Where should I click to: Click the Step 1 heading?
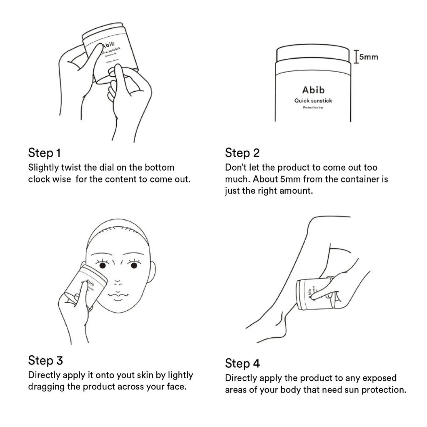click(44, 153)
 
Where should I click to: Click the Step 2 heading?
click(242, 153)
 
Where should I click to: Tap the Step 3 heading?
click(45, 360)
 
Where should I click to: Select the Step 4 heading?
click(242, 363)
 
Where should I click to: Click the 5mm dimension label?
click(369, 57)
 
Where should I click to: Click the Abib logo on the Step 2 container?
click(313, 90)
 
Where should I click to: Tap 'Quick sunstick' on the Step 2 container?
click(313, 100)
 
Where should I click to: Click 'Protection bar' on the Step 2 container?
click(313, 108)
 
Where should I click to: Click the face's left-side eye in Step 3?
click(103, 265)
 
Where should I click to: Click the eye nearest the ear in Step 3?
click(134, 266)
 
